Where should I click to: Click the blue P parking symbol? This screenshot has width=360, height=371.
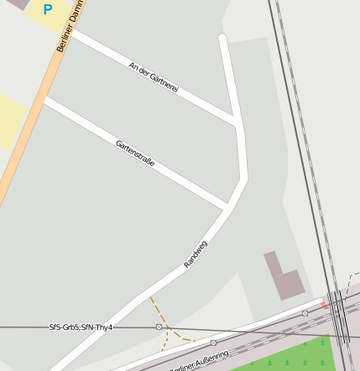(x=48, y=10)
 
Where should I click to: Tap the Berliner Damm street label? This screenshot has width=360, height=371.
(x=70, y=27)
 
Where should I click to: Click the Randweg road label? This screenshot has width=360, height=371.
(x=196, y=253)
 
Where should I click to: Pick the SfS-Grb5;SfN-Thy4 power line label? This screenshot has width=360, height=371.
(x=81, y=327)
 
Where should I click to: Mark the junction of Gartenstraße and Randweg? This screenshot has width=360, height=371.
(x=227, y=206)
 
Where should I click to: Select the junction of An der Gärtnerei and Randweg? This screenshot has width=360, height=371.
(x=236, y=121)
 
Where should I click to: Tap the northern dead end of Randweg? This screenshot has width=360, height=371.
(x=222, y=37)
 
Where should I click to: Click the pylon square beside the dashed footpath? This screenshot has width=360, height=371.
(x=159, y=327)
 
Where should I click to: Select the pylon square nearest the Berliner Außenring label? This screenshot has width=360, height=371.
(x=214, y=342)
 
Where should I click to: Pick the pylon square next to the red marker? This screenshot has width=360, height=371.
(x=305, y=313)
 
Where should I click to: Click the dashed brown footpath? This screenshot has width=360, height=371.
(x=167, y=323)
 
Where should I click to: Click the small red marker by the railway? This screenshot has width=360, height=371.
(x=325, y=305)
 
